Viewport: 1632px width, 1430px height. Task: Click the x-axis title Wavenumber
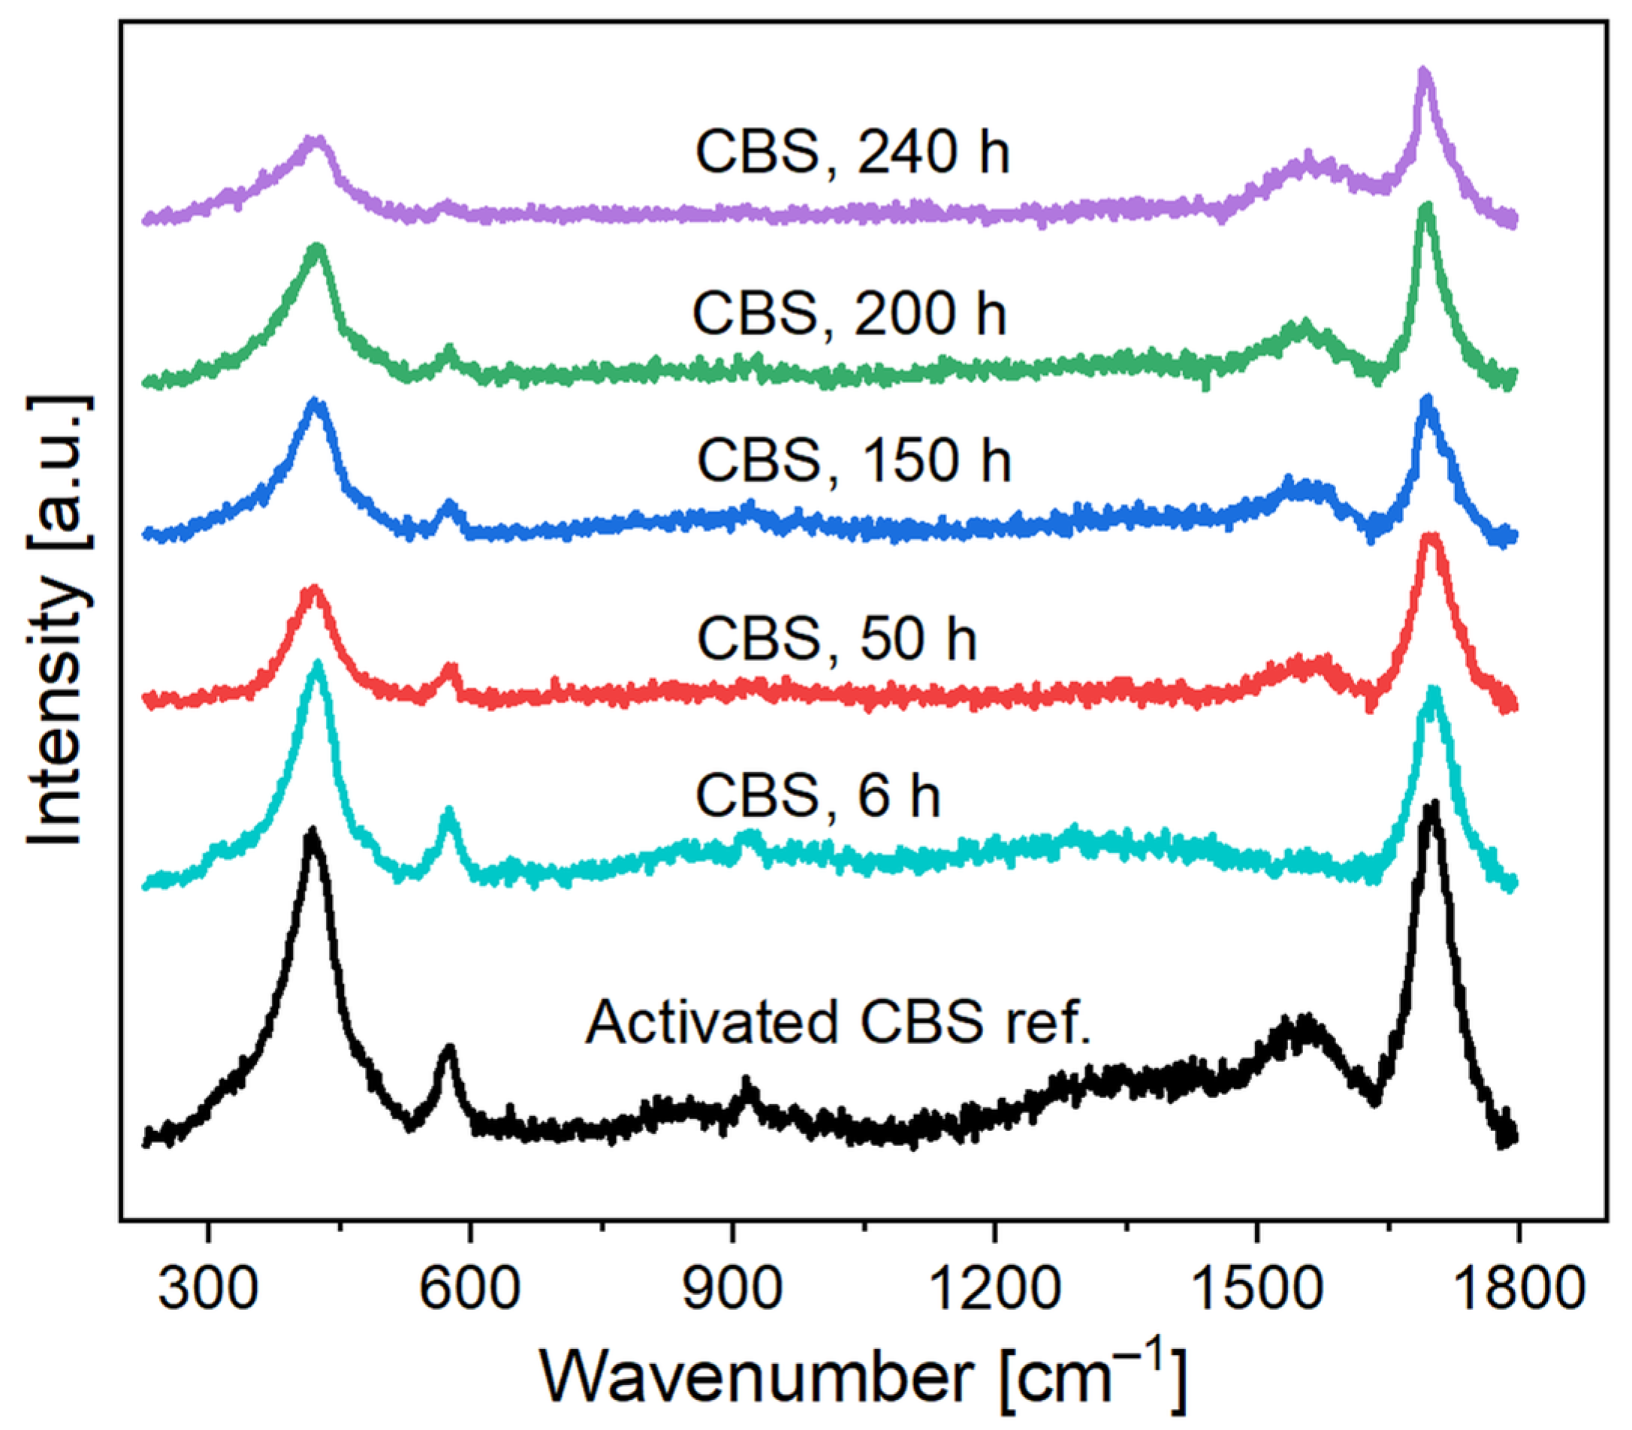tap(862, 1377)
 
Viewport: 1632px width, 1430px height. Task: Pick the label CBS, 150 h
tap(854, 460)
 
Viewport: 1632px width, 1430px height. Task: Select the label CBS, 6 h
tap(818, 795)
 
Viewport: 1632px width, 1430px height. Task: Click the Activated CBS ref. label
tap(838, 1023)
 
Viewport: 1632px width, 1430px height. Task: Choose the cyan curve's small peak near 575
tap(449, 814)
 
